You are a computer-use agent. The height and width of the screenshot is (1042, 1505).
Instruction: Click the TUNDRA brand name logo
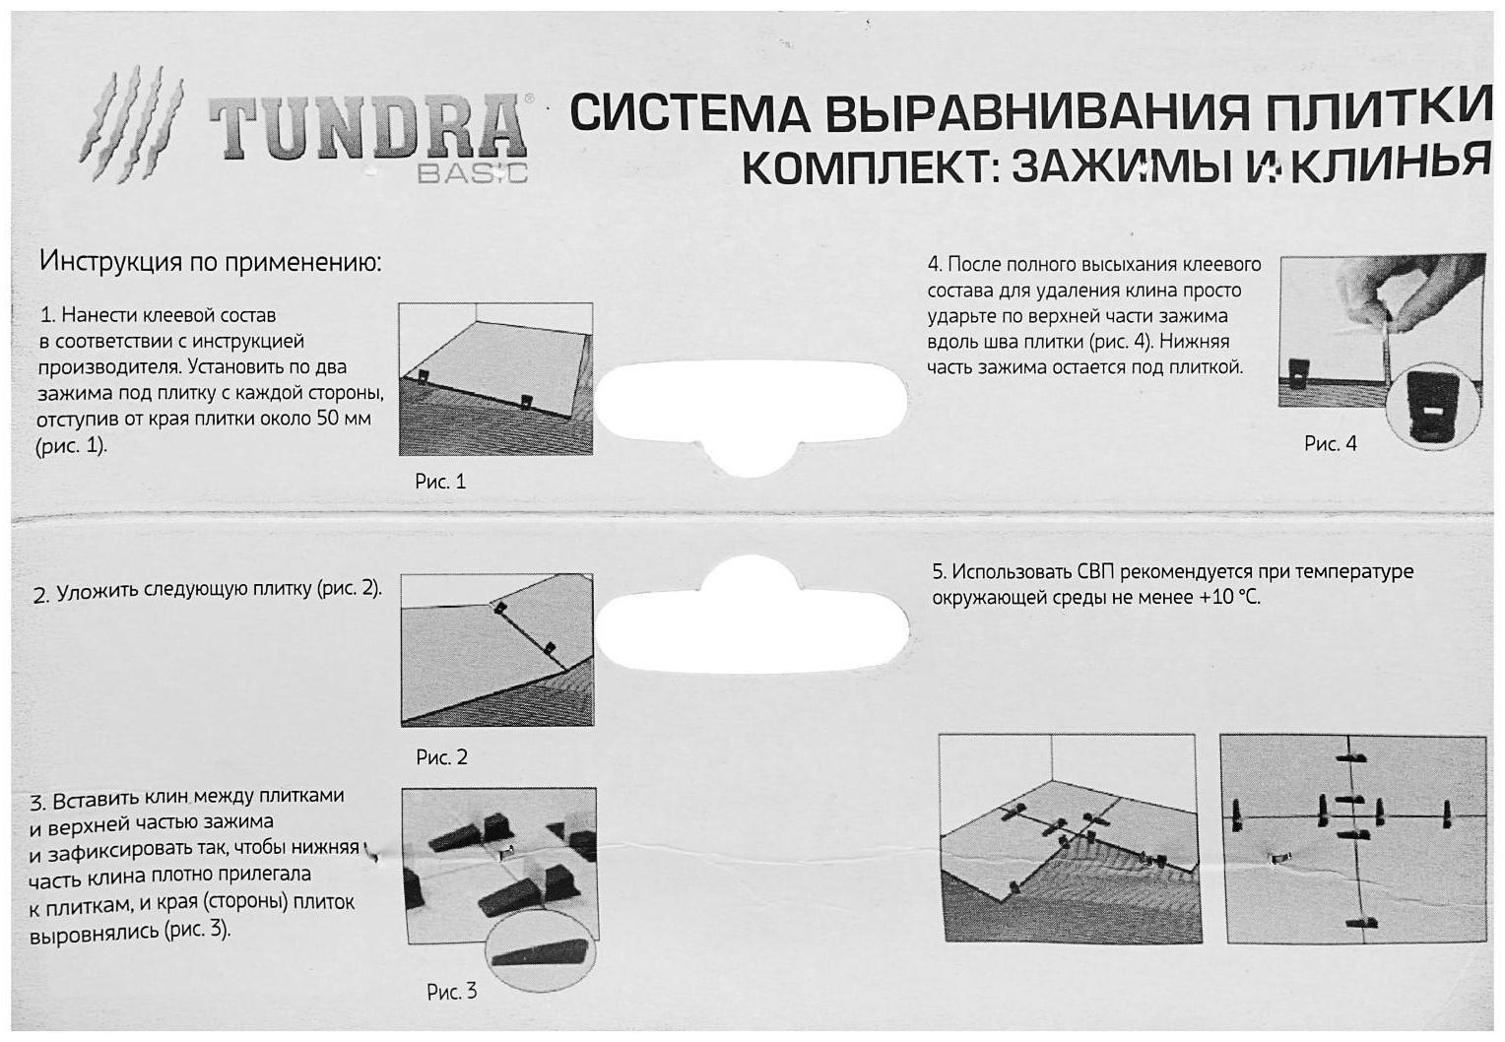click(x=366, y=128)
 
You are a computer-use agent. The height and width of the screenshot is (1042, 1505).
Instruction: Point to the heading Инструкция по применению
click(x=210, y=262)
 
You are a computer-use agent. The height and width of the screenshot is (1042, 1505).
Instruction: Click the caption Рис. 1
click(x=439, y=482)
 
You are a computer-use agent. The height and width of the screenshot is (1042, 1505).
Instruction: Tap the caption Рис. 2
click(x=441, y=757)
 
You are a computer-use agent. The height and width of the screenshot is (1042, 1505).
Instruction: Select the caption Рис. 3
click(x=451, y=992)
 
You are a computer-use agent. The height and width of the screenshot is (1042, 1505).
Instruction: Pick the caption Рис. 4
click(x=1330, y=444)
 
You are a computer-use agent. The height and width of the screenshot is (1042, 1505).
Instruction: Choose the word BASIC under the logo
click(x=472, y=174)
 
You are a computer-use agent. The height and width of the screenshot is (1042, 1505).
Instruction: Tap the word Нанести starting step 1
click(x=98, y=316)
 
